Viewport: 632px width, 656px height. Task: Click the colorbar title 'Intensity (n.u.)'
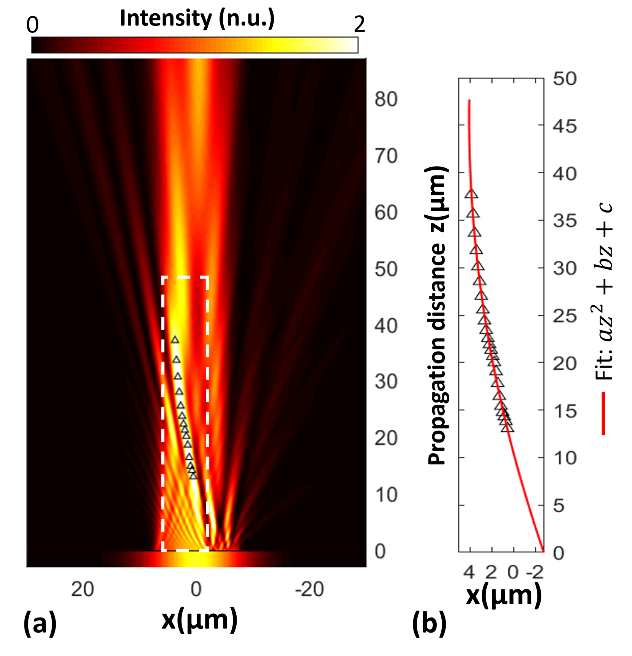197,18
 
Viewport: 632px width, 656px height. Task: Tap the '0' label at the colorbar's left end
33,25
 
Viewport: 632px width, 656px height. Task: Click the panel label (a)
40,625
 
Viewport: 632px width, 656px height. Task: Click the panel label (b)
429,625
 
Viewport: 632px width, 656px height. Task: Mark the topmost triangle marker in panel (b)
471,194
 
